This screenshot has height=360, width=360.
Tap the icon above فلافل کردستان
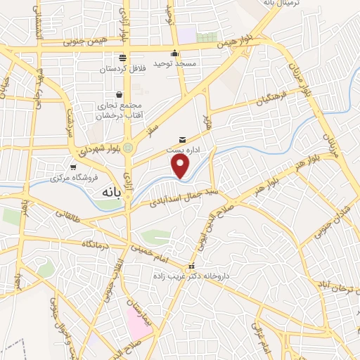(x=123, y=57)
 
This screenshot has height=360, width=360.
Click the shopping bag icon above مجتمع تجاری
(x=119, y=94)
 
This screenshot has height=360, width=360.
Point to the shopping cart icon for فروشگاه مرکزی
(x=73, y=167)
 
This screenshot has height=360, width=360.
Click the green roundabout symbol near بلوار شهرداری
(x=127, y=147)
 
